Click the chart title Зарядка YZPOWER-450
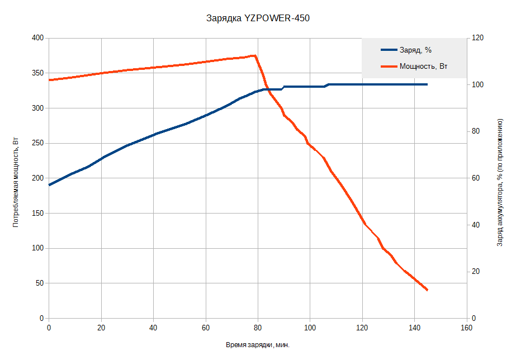(x=258, y=18)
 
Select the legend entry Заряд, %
(x=415, y=50)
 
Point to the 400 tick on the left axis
(x=38, y=38)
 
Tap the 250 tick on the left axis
(x=38, y=143)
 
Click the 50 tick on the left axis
(x=40, y=283)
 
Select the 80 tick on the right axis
(x=475, y=131)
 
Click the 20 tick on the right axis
(x=475, y=272)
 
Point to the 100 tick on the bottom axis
(x=310, y=328)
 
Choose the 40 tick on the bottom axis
(x=153, y=328)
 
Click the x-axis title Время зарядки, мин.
(x=258, y=345)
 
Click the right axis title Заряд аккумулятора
(x=500, y=182)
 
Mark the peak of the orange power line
(x=254, y=55)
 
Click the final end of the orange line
(x=427, y=290)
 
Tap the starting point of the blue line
(x=49, y=185)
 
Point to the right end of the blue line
(x=427, y=84)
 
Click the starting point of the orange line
(x=49, y=80)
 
